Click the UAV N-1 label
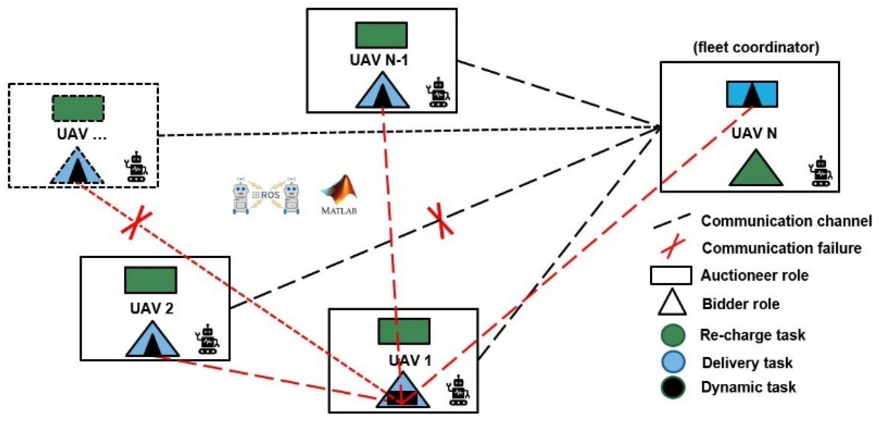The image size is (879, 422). (x=379, y=60)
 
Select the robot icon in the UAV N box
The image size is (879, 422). (x=821, y=172)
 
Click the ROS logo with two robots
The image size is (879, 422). (x=266, y=196)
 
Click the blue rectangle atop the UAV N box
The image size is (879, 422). (x=752, y=94)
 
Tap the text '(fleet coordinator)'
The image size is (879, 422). (x=756, y=47)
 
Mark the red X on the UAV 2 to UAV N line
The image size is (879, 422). (x=441, y=221)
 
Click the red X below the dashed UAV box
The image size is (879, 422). (x=136, y=225)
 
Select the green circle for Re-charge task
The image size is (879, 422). (x=673, y=335)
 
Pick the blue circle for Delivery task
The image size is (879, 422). (x=673, y=362)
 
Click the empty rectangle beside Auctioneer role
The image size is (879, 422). (x=671, y=275)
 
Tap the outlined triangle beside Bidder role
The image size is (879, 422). (x=672, y=303)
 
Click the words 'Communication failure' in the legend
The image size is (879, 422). (x=781, y=248)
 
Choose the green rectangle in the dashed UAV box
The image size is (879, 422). (x=78, y=108)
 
